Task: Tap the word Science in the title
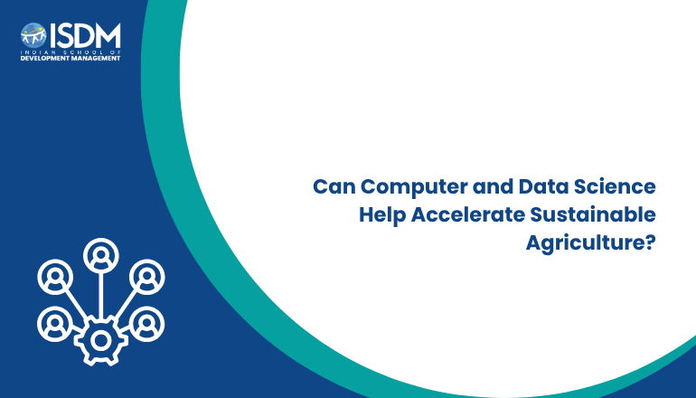click(x=615, y=186)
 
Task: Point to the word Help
click(x=382, y=215)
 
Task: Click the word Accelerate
click(x=468, y=214)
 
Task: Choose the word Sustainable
click(x=593, y=214)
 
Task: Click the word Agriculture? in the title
click(x=591, y=243)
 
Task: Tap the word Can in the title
click(x=334, y=186)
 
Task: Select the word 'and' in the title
click(x=494, y=186)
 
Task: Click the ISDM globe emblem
click(x=33, y=35)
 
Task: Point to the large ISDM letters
click(x=85, y=35)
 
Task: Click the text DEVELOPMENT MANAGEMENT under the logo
click(x=71, y=58)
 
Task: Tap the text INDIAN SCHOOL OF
click(x=71, y=52)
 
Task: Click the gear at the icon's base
click(x=100, y=341)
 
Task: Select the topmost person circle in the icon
click(x=100, y=255)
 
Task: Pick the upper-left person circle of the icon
click(x=55, y=277)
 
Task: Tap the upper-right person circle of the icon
click(x=147, y=277)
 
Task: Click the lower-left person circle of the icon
click(x=55, y=324)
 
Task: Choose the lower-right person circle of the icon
click(x=147, y=324)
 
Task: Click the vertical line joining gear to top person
click(x=101, y=295)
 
